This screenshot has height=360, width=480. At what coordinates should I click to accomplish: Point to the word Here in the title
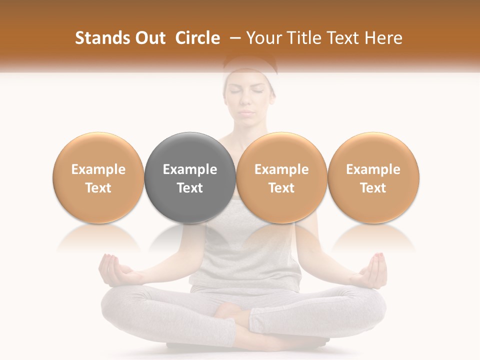(383, 38)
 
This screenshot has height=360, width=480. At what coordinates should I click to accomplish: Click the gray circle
(190, 177)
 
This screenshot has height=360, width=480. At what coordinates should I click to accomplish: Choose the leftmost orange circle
(98, 177)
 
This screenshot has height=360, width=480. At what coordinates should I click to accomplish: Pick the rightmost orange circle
(373, 177)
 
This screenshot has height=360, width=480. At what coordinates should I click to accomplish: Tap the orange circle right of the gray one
(281, 177)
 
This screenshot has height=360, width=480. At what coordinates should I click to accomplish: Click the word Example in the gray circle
(190, 169)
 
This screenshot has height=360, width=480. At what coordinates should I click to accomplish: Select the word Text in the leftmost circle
(98, 188)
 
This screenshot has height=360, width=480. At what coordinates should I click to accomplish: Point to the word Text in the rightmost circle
(373, 188)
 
